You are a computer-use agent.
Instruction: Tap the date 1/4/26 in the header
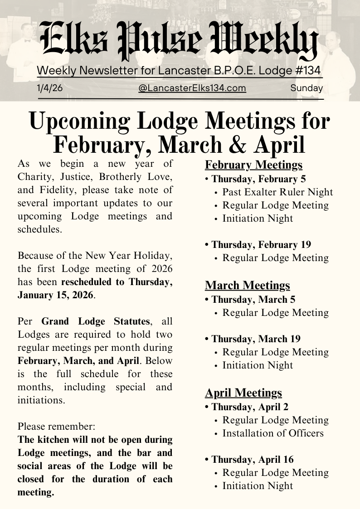click(50, 88)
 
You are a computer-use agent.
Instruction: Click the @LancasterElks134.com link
click(192, 88)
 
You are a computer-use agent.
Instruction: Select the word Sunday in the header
click(306, 88)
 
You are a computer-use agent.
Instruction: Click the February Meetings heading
click(253, 165)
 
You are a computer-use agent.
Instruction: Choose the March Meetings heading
click(247, 285)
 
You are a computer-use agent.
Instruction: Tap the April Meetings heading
click(243, 393)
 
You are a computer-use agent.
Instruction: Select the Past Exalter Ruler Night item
click(277, 192)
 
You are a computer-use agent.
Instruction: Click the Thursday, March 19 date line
click(256, 339)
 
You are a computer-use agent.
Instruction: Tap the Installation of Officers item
click(273, 433)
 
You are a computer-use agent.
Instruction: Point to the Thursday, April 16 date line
click(253, 460)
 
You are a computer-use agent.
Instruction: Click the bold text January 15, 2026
click(55, 295)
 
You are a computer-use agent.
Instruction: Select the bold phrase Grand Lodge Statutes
click(95, 321)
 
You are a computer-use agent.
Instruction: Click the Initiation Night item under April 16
click(258, 486)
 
